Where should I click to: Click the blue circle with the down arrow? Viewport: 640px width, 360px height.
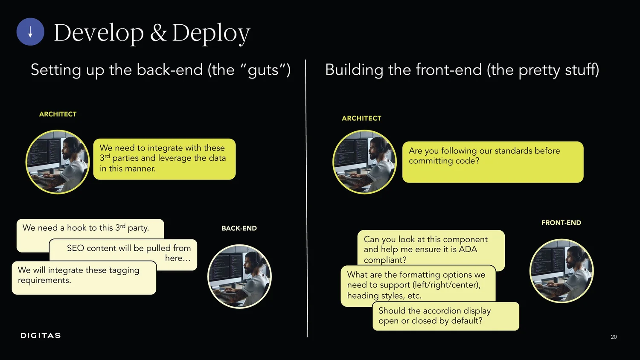[30, 32]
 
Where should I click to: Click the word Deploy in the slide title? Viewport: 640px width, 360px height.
[211, 33]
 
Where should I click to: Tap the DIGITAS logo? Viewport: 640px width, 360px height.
[41, 336]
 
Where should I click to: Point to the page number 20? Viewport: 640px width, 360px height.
[614, 337]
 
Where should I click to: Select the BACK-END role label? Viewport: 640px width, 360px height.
[239, 229]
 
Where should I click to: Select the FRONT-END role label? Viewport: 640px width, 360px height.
[561, 223]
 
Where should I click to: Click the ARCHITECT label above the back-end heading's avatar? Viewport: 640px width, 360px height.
[58, 114]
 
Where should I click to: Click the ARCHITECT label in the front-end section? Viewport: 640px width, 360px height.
[361, 119]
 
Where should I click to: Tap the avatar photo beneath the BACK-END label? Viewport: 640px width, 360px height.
[239, 276]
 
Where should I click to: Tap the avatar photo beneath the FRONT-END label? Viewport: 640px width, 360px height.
[561, 271]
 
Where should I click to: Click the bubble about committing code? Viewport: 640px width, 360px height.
[492, 162]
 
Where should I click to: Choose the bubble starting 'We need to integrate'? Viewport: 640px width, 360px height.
[164, 159]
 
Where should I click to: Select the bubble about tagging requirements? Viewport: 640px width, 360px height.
[84, 278]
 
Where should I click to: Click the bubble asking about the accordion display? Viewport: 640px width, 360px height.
[445, 316]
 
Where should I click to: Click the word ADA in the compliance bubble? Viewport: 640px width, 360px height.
[468, 250]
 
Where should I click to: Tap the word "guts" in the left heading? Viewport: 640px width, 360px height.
[263, 70]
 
